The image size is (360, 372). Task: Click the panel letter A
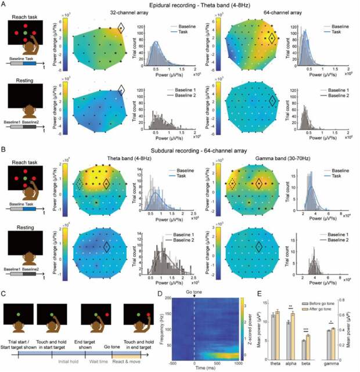(3, 4)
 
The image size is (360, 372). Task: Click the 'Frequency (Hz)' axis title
(161, 326)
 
